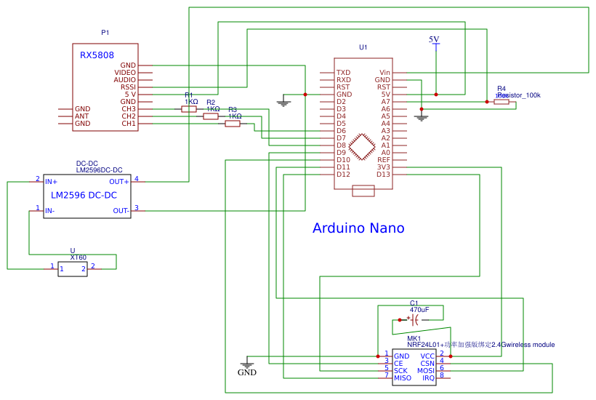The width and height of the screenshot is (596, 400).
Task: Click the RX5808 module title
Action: coord(97,55)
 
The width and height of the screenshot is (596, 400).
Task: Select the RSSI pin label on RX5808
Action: coord(128,87)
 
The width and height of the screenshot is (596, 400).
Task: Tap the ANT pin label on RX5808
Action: coord(82,116)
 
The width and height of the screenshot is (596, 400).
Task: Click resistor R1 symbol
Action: coord(189,109)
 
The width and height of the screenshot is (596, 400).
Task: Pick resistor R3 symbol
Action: coord(233,124)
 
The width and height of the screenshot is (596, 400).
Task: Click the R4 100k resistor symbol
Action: coord(502,102)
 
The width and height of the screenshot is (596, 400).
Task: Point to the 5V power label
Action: coord(434,39)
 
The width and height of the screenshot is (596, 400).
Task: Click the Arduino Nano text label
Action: coord(358,228)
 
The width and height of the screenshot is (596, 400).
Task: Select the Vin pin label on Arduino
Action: coord(384,73)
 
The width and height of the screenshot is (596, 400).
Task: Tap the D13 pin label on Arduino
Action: coord(383,175)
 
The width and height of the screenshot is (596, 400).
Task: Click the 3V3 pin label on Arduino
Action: coord(383,167)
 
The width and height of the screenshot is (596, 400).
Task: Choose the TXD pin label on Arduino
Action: coord(343,73)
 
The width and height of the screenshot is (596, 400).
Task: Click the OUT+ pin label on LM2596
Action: coord(119,182)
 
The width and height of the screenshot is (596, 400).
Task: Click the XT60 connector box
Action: coord(73,269)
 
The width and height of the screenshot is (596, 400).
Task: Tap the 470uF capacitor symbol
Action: coord(414,319)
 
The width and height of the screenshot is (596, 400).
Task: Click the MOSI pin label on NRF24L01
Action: coord(426,371)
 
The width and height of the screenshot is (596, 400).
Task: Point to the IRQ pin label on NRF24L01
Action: coord(428,378)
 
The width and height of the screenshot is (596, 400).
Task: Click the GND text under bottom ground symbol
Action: coord(247,373)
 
